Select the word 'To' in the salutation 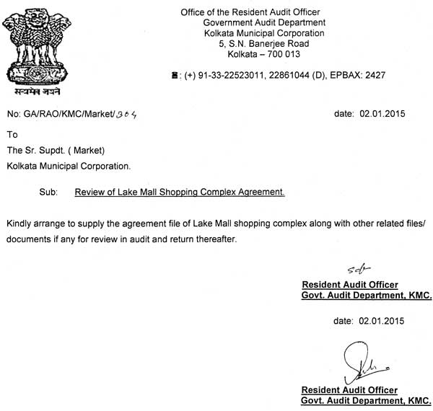tap(12, 135)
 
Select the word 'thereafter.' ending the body tap(214, 239)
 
